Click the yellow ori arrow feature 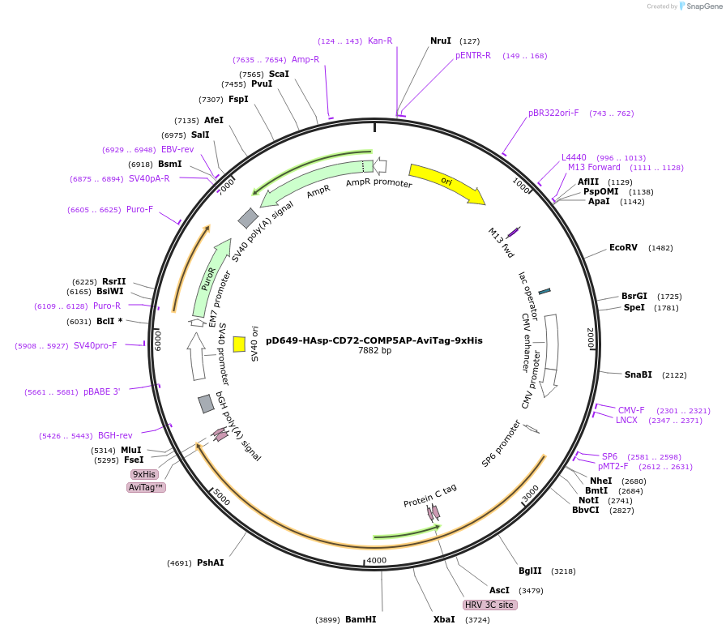point(446,183)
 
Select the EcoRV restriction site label point(623,247)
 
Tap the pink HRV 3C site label point(489,605)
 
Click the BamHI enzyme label point(361,619)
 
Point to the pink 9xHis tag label point(144,474)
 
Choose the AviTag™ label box point(146,487)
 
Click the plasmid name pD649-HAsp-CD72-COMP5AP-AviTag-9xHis point(374,340)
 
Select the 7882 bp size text point(374,351)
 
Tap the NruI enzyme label point(441,41)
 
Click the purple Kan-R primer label point(380,41)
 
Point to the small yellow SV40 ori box point(239,344)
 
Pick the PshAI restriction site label point(210,562)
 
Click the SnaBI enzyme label point(638,374)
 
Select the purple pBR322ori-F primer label point(553,113)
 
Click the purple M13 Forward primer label point(594,168)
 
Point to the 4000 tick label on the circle point(377,560)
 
